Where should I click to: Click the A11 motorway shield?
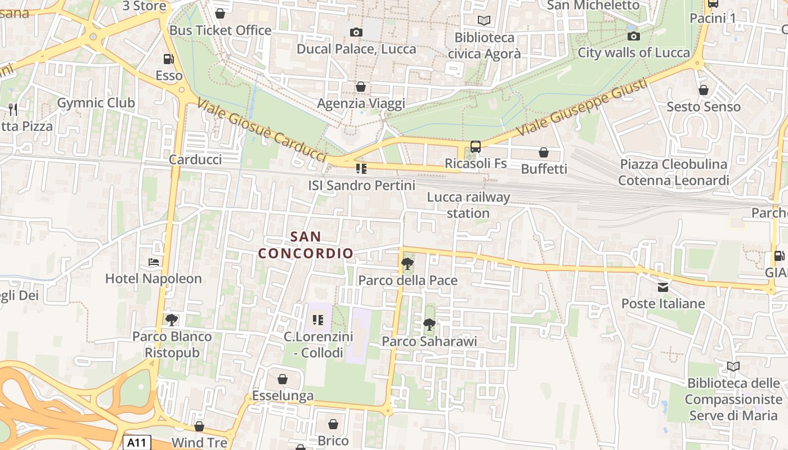tap(136, 443)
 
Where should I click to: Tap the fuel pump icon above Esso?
tap(168, 58)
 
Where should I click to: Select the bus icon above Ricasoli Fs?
tap(476, 147)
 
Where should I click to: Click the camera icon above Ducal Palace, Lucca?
tap(356, 32)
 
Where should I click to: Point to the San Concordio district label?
tap(306, 245)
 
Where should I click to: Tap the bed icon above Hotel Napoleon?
tap(153, 262)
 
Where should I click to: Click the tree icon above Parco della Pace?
tap(407, 263)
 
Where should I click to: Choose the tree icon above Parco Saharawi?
tap(429, 324)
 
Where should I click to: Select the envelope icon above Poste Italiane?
tap(663, 287)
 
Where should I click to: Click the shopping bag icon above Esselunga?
tap(283, 379)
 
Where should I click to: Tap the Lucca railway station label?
tap(468, 205)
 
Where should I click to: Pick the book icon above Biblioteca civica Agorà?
tap(484, 21)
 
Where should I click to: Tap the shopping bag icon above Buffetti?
tap(544, 152)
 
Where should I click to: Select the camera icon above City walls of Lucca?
tap(634, 36)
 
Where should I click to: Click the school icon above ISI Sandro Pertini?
tap(361, 168)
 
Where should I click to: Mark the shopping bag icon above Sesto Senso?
tap(704, 90)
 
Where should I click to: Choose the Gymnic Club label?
tap(96, 103)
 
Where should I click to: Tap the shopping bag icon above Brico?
tap(333, 424)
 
